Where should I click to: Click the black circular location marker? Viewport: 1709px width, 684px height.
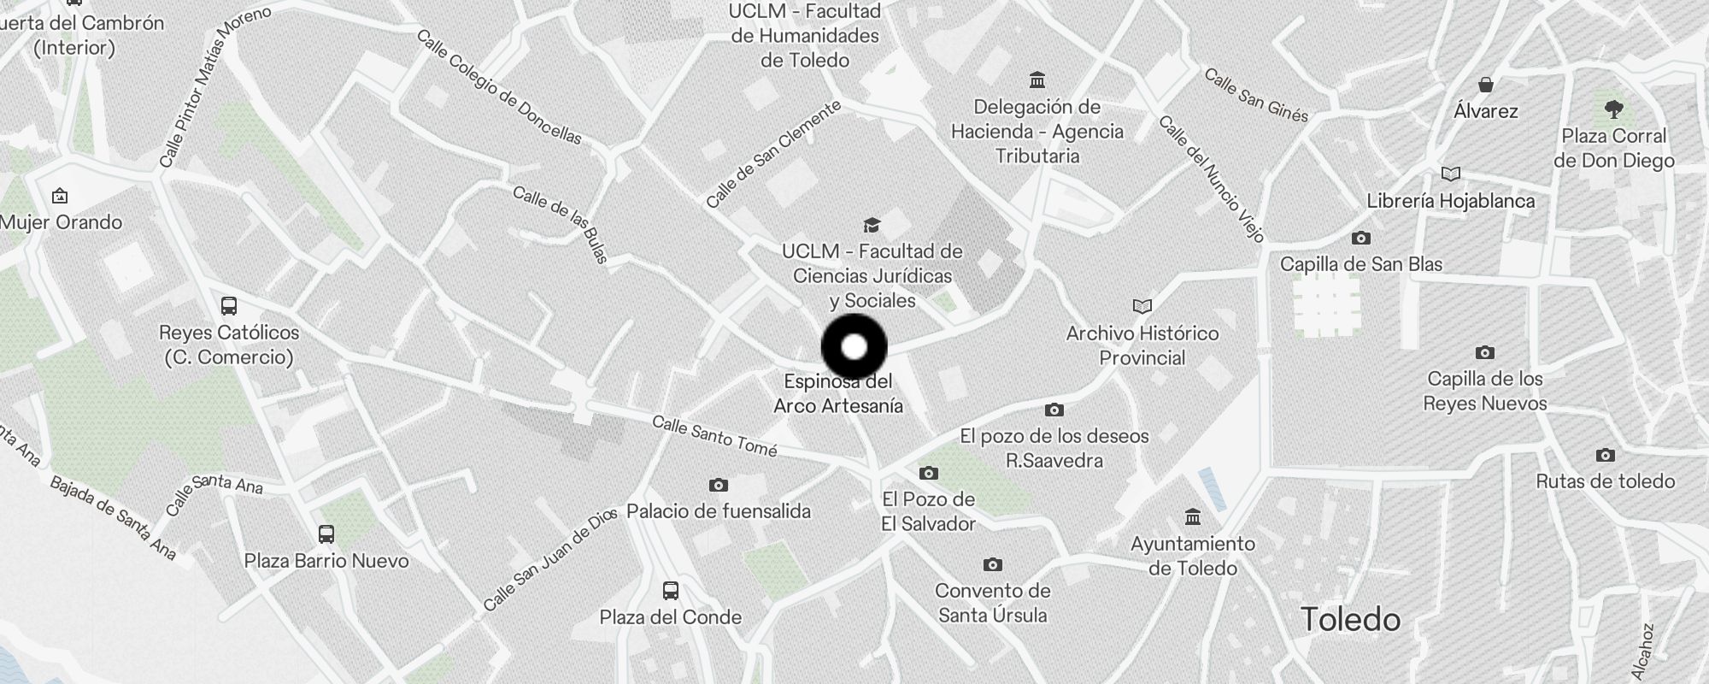[854, 347]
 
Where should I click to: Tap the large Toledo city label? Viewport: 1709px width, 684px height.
[1350, 619]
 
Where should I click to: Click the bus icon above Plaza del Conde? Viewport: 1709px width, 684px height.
[671, 590]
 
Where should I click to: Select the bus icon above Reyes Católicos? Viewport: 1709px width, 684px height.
[229, 306]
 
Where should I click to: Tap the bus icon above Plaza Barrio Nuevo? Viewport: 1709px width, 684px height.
[326, 534]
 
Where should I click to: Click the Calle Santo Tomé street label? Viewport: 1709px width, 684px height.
[714, 436]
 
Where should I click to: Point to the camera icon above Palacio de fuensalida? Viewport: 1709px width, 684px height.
[718, 485]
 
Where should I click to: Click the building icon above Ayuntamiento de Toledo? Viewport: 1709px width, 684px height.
[1192, 516]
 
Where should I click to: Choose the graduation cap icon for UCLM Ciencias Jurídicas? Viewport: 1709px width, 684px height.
[872, 225]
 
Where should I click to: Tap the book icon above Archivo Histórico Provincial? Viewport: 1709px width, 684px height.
[1142, 306]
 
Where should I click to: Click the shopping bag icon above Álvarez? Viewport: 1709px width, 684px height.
[1486, 85]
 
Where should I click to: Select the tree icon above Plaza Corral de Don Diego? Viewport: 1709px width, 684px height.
[1613, 109]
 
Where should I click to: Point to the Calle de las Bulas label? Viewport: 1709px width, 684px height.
[560, 224]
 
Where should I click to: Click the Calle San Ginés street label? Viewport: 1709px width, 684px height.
[1256, 96]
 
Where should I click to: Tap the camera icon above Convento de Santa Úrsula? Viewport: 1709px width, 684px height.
[992, 564]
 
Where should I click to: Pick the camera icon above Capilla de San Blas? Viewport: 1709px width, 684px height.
[1360, 238]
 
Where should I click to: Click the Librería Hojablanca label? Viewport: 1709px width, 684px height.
[1450, 201]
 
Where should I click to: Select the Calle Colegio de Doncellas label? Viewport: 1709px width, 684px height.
[499, 87]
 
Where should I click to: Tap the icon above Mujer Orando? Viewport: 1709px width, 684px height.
[60, 197]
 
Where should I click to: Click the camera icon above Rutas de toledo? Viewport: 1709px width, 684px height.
[1605, 455]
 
